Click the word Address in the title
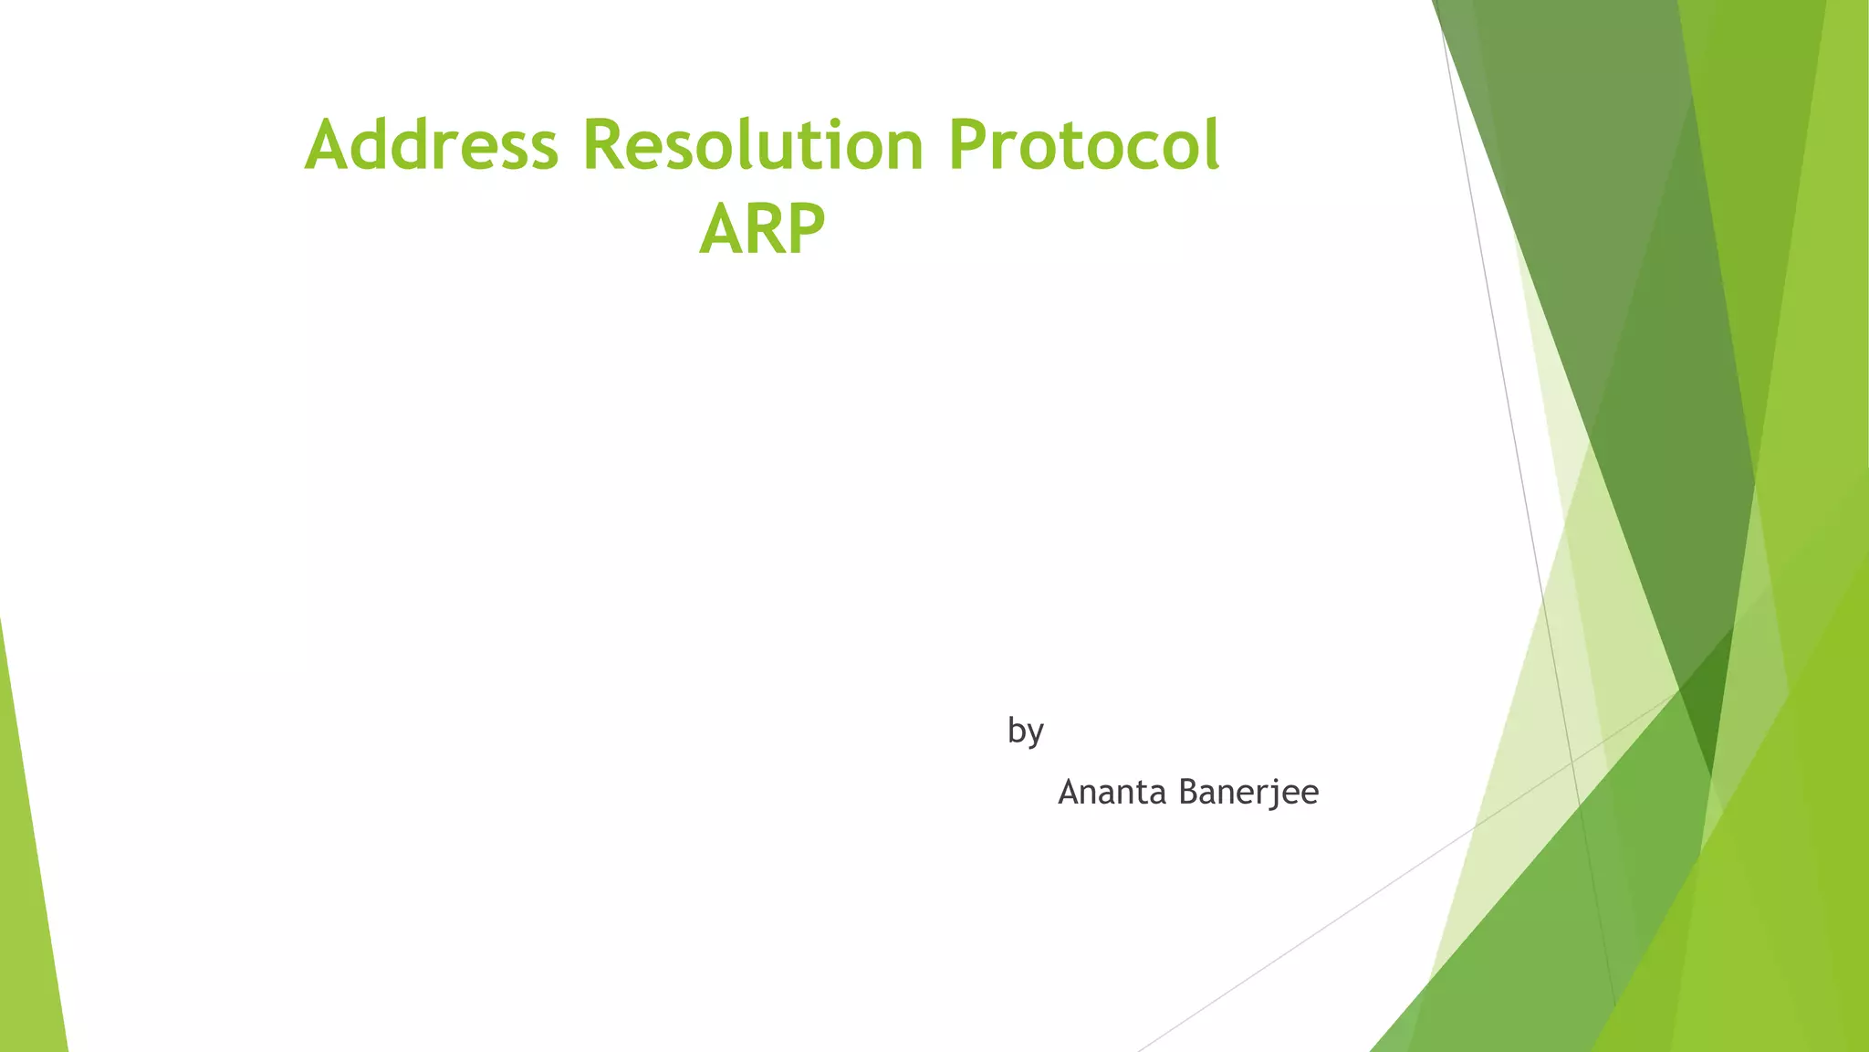tap(431, 146)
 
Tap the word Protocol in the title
tap(1083, 146)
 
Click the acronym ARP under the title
tap(762, 230)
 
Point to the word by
tap(1025, 731)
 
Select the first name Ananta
tap(1112, 792)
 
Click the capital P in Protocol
tap(969, 146)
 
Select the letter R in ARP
tap(763, 230)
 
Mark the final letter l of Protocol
tap(1211, 144)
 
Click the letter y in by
tap(1035, 734)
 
